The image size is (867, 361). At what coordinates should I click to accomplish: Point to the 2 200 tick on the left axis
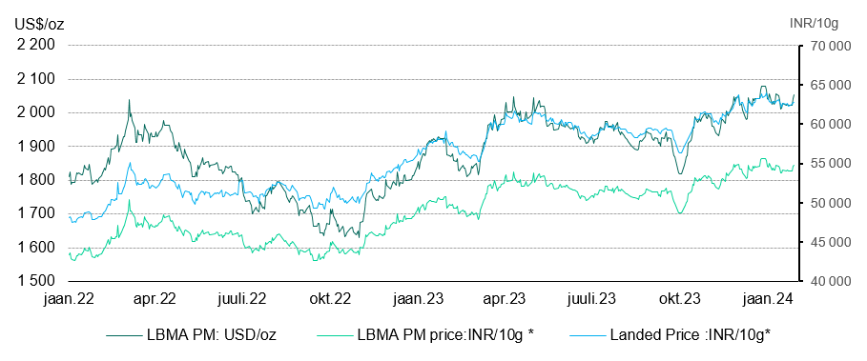35,45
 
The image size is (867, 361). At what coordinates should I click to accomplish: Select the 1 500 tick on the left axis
35,282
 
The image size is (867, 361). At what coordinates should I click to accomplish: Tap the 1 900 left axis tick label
35,147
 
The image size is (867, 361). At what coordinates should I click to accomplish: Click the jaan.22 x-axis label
68,299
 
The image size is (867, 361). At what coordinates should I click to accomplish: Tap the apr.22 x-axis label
155,299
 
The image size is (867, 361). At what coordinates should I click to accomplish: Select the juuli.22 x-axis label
242,299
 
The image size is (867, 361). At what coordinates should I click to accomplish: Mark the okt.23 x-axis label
680,299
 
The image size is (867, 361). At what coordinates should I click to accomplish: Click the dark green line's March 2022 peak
129,100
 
